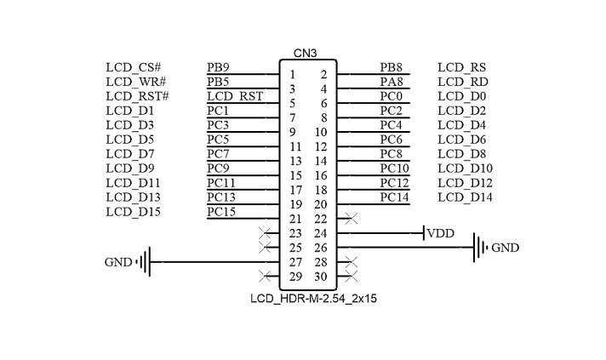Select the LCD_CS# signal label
(134, 67)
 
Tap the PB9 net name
(218, 67)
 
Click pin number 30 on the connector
(320, 277)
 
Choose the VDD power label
(441, 233)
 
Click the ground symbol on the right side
(480, 248)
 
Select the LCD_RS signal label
(461, 67)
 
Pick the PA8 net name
(392, 82)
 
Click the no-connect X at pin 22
(351, 219)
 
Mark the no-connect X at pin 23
(265, 233)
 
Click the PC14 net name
(395, 197)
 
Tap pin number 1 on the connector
(292, 75)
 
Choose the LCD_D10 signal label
(465, 169)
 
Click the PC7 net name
(218, 154)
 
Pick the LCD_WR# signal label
(134, 82)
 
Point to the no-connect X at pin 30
(351, 277)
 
